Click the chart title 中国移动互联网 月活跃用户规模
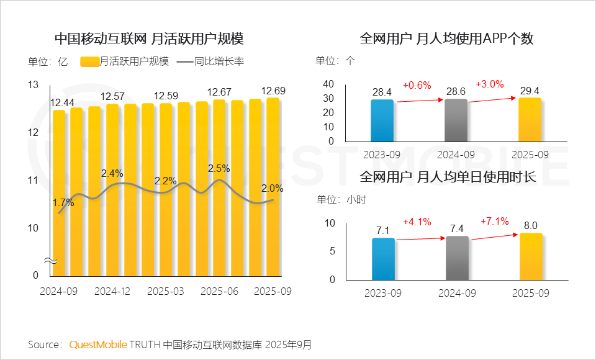(149, 38)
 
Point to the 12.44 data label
(62, 102)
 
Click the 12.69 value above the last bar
(273, 91)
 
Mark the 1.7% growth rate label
(63, 202)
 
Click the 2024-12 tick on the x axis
(112, 290)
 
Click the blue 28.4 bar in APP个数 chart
(382, 120)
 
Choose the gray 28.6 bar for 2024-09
(456, 120)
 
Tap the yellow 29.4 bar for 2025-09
(530, 120)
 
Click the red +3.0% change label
(490, 84)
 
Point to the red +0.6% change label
(417, 85)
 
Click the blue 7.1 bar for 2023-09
(383, 258)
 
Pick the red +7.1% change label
(495, 221)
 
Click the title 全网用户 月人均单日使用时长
(447, 177)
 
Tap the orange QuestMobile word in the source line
(98, 344)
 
